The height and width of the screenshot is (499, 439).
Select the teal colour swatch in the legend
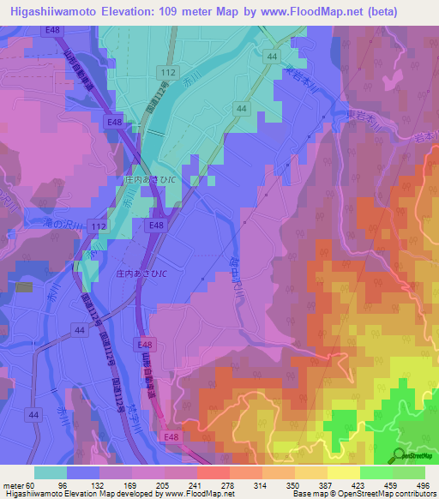point(51,472)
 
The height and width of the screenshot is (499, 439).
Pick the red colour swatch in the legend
point(213,472)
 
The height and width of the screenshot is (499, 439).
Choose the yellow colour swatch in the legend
point(343,472)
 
